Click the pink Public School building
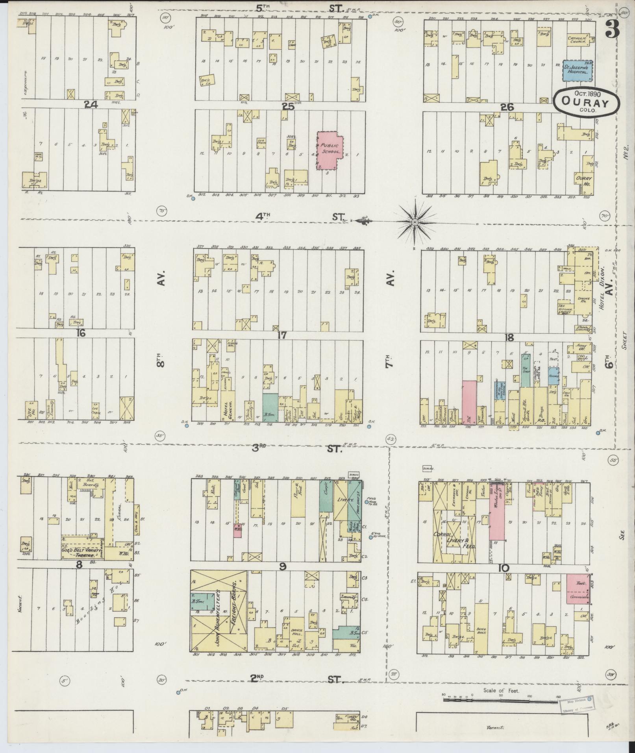(x=330, y=151)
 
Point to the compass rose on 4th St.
(x=415, y=223)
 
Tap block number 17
(x=281, y=335)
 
